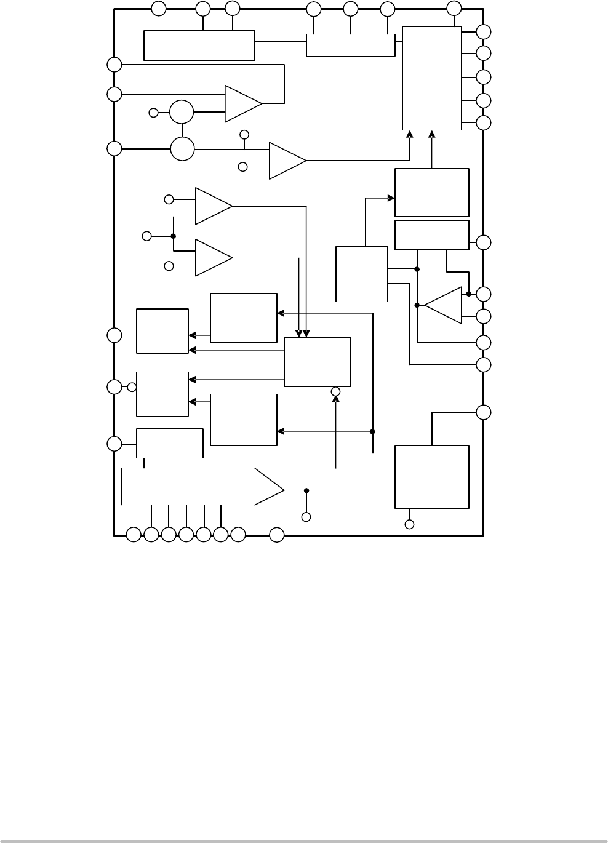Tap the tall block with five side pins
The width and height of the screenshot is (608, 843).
point(431,78)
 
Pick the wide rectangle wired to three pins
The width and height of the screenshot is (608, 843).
point(350,45)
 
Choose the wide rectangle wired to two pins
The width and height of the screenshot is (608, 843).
point(199,45)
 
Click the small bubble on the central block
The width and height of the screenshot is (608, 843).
point(335,391)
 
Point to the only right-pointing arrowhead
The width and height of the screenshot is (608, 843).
point(391,198)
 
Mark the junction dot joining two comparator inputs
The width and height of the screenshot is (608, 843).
point(174,236)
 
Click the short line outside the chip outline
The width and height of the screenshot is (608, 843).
point(85,383)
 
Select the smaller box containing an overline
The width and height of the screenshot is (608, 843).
point(162,394)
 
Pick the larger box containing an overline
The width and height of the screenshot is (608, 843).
point(243,420)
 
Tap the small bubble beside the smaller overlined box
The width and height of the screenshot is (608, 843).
point(132,387)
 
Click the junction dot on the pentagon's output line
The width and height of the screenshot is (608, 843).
point(306,490)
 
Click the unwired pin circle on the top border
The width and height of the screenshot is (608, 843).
point(159,8)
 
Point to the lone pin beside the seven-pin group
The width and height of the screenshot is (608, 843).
point(277,535)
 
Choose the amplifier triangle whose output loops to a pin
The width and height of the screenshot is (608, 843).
point(243,103)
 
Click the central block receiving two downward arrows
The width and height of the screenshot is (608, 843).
point(317,362)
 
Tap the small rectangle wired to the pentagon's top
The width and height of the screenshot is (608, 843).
point(169,443)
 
